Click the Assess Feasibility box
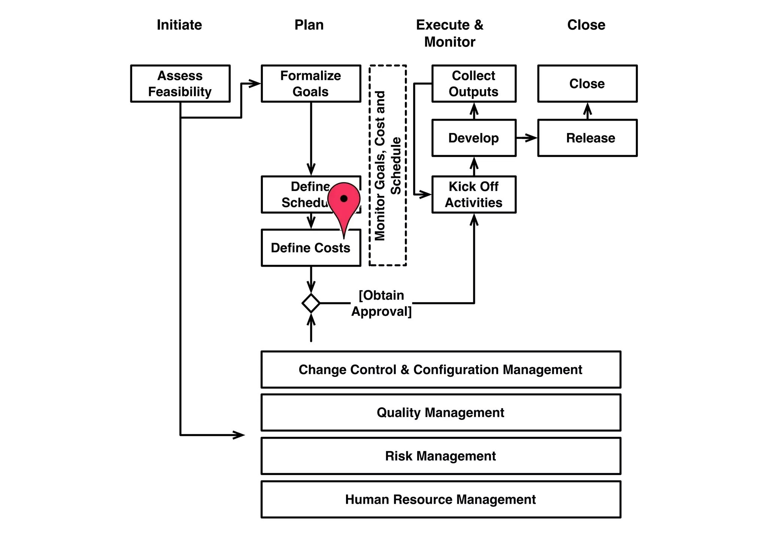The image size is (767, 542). (180, 84)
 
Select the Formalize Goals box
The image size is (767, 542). (311, 84)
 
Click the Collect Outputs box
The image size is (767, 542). (474, 84)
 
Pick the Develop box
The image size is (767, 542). (474, 138)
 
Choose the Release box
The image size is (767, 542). (587, 138)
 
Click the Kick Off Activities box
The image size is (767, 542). (474, 194)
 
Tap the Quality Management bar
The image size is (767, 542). (440, 412)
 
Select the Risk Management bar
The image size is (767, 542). (440, 456)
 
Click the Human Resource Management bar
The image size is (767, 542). (440, 499)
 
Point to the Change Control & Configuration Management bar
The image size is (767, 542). (440, 370)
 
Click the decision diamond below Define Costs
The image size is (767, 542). (311, 303)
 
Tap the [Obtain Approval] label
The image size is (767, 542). (381, 303)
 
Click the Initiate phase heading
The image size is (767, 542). (179, 25)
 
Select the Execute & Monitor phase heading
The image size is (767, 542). (450, 33)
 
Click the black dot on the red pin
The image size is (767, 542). (344, 199)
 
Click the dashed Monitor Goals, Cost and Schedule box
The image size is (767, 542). (388, 165)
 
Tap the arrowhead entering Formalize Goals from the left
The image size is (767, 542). (255, 84)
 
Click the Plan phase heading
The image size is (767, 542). (309, 25)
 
